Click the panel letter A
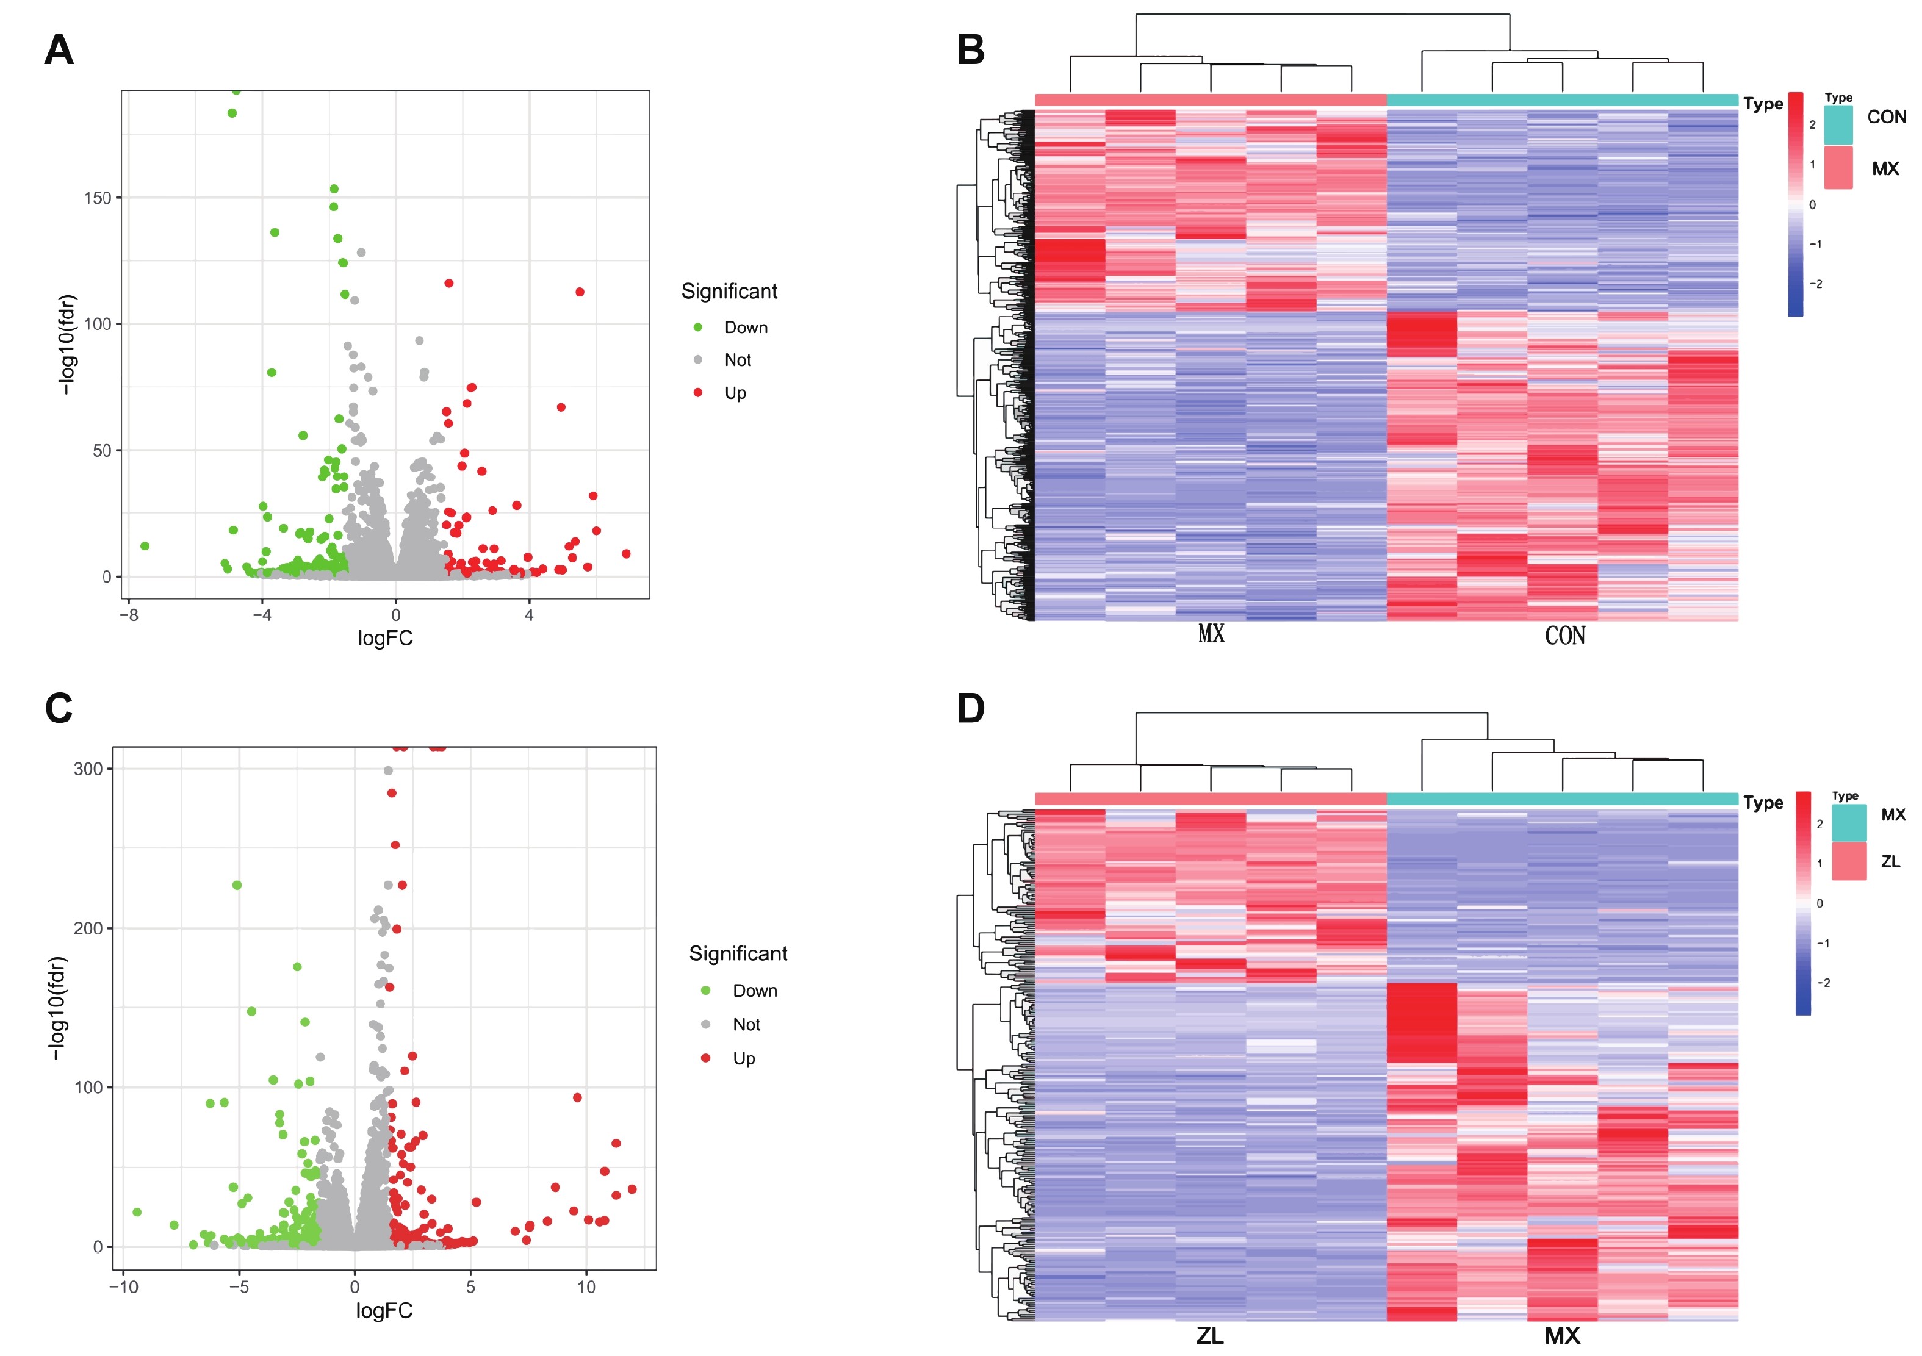pos(59,50)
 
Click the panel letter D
pos(970,709)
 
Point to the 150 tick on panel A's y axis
pos(97,198)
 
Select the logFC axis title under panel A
pos(385,639)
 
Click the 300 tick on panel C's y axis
pos(88,769)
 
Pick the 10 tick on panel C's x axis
pos(586,1287)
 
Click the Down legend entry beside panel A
pos(745,328)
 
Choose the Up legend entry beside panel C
pos(743,1059)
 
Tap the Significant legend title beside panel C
pos(738,953)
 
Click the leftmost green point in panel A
pos(145,547)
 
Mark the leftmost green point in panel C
pos(137,1212)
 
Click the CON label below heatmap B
pos(1564,636)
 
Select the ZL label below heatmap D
pos(1209,1336)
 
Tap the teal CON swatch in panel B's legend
pos(1838,124)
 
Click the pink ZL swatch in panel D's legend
pos(1848,861)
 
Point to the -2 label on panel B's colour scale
pos(1816,284)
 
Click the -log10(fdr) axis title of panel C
pos(57,1009)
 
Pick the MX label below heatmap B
pos(1211,634)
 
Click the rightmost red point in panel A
pos(626,554)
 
